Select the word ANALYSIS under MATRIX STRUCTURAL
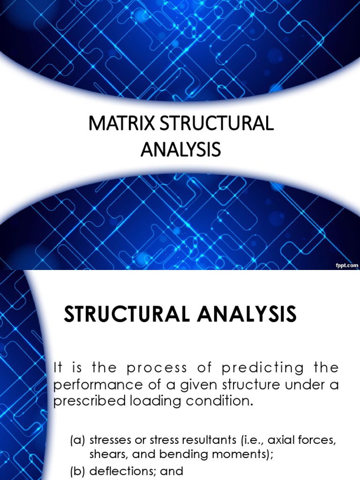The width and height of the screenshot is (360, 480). [180, 150]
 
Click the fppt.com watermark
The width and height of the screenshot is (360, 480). [346, 265]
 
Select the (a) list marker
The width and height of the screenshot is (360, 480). [78, 440]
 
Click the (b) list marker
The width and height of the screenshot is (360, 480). [78, 471]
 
